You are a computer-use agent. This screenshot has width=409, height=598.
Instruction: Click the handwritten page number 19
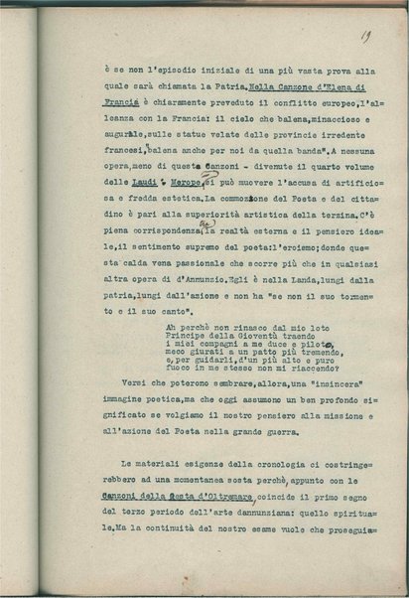coord(366,39)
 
